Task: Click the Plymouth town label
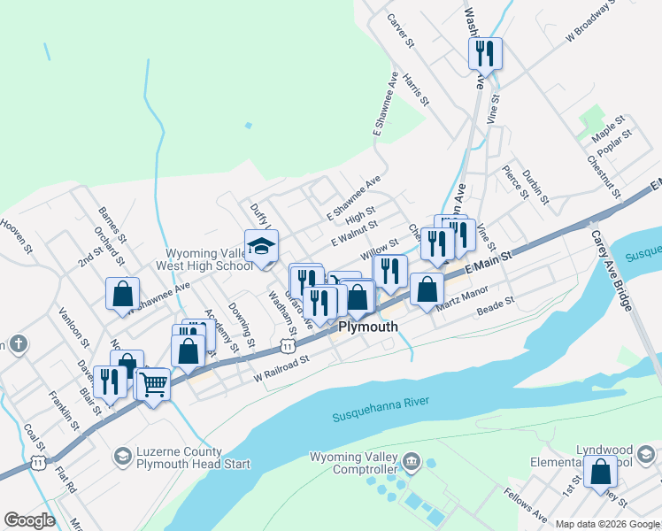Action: click(x=367, y=327)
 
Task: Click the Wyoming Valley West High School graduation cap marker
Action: click(x=262, y=248)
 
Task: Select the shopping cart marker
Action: click(x=154, y=385)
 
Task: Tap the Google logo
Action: click(x=29, y=520)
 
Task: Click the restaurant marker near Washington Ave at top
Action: click(x=485, y=54)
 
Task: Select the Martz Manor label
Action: click(x=462, y=298)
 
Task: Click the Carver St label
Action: click(x=400, y=29)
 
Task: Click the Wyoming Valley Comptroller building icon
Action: click(x=411, y=462)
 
